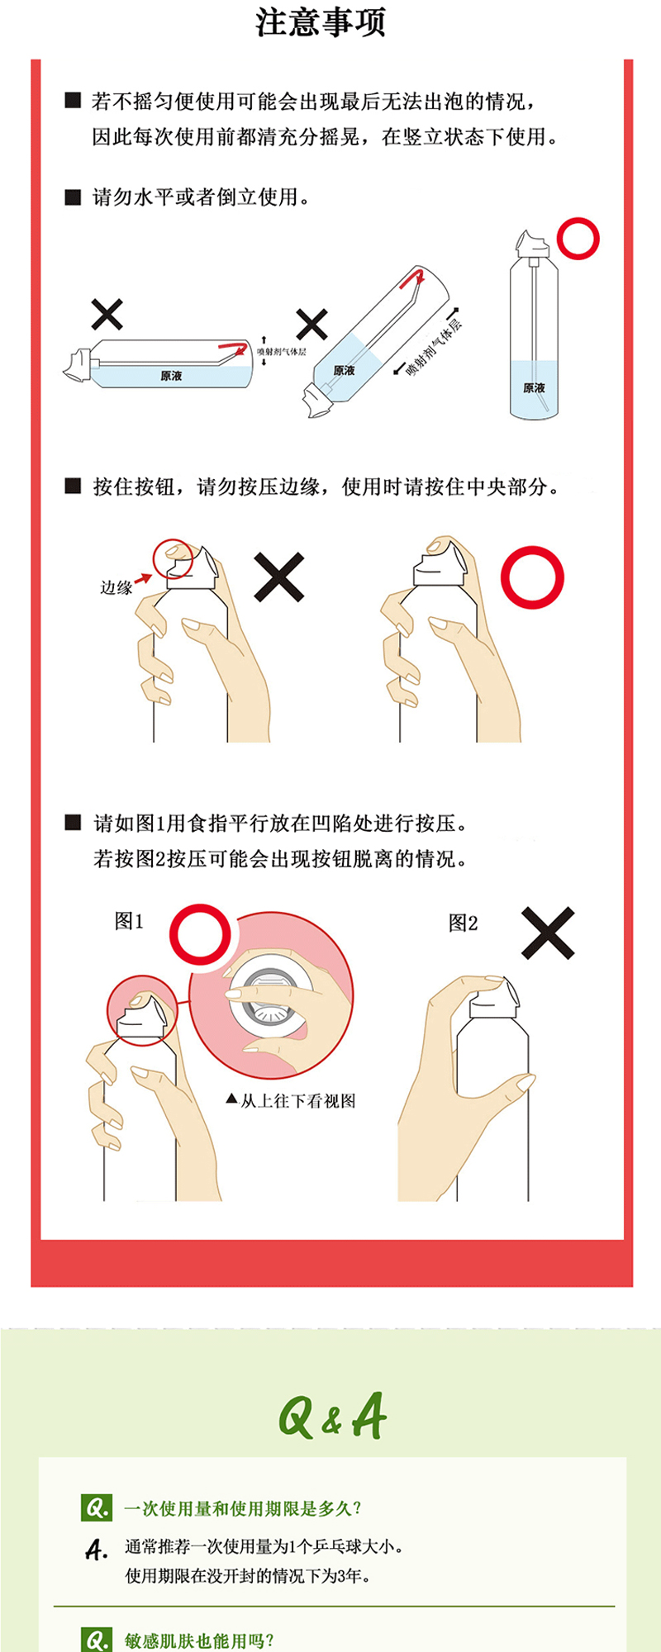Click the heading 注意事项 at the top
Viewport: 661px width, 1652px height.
click(x=321, y=22)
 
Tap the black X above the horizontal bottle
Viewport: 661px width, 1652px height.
click(x=107, y=315)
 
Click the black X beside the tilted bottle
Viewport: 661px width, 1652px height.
click(x=311, y=325)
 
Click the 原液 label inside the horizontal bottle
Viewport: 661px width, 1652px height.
click(x=171, y=376)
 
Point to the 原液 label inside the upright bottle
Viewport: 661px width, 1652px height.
click(x=534, y=388)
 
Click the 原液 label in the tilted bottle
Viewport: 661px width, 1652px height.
click(x=344, y=371)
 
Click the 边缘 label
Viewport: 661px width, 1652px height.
click(x=117, y=588)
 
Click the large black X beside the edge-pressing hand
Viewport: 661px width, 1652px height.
click(x=279, y=577)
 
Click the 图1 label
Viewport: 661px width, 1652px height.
click(x=129, y=921)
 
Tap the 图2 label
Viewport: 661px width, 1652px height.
click(x=463, y=923)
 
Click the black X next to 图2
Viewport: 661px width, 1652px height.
click(x=548, y=933)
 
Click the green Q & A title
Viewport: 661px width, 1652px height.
click(x=332, y=1416)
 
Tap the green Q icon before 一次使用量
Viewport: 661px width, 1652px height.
click(x=97, y=1507)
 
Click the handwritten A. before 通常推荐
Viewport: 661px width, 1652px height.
click(x=97, y=1550)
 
